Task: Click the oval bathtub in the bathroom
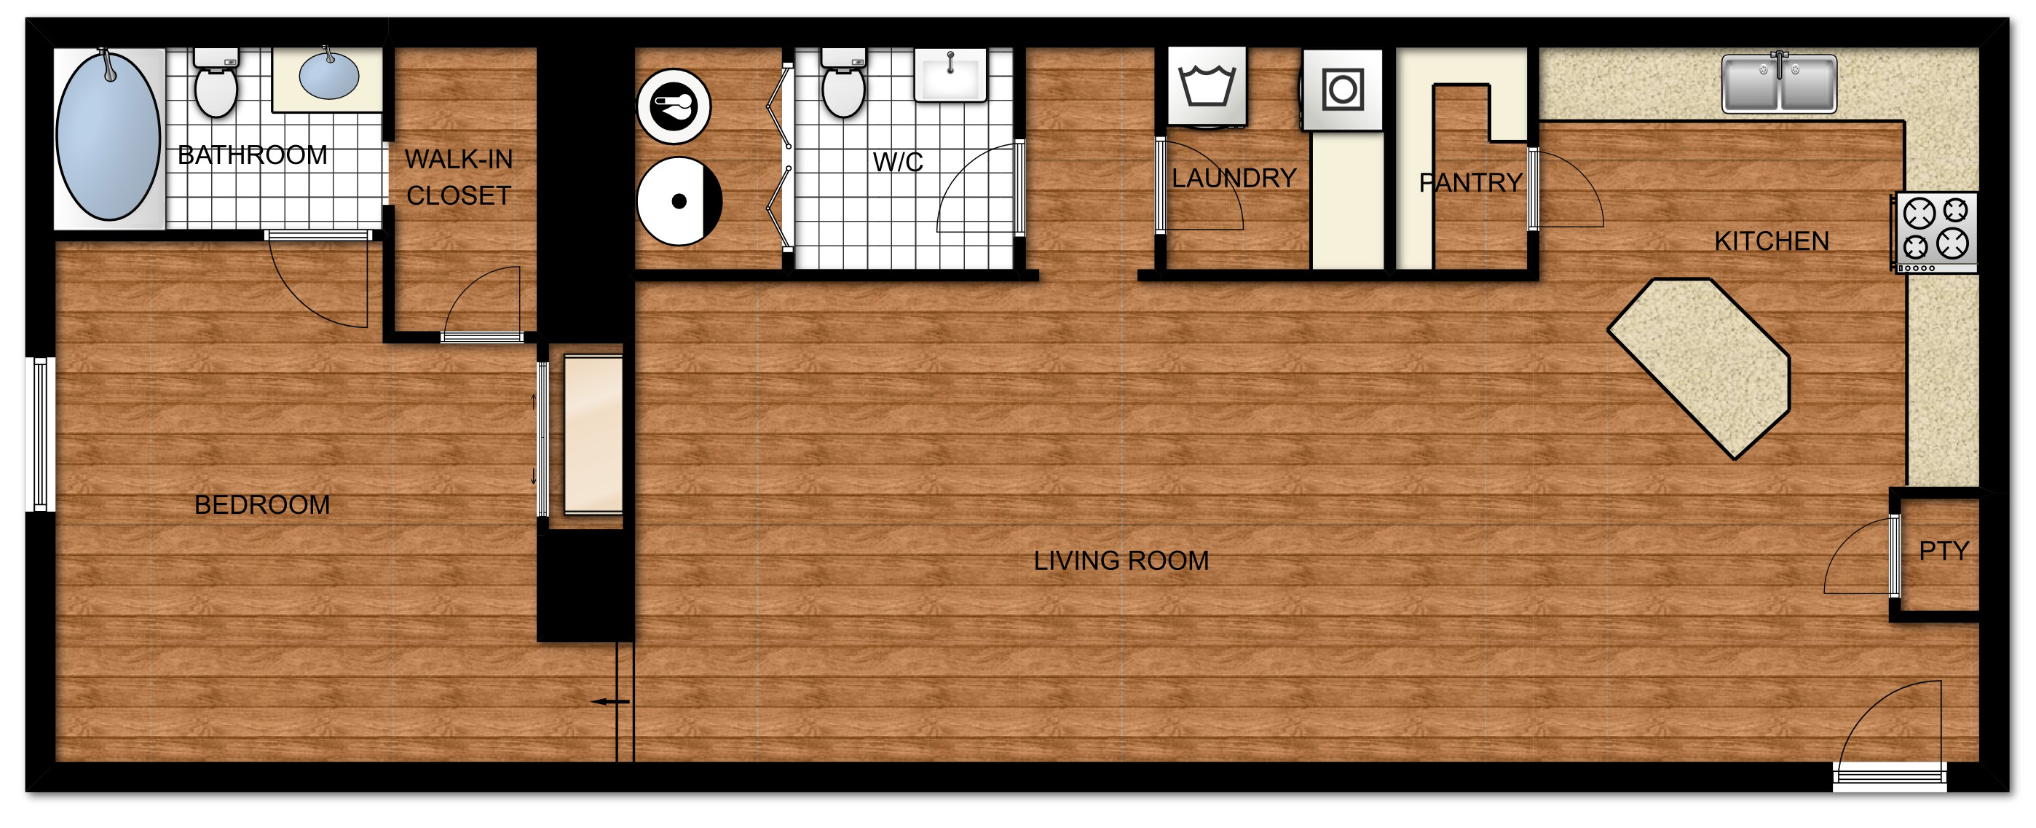108,136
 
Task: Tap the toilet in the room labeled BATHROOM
216,83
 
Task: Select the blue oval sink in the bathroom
329,75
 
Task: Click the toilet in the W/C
843,83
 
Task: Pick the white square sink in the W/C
951,75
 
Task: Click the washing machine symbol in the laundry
1207,86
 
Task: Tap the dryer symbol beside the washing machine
1343,90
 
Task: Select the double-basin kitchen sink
1779,82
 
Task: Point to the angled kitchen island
1700,368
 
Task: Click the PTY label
1944,550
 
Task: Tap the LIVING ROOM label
1121,561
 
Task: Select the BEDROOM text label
262,504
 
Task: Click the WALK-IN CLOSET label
459,177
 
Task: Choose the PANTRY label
1470,183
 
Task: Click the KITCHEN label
1771,241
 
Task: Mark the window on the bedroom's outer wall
39,434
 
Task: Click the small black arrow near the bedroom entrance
610,701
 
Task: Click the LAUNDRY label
1234,178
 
